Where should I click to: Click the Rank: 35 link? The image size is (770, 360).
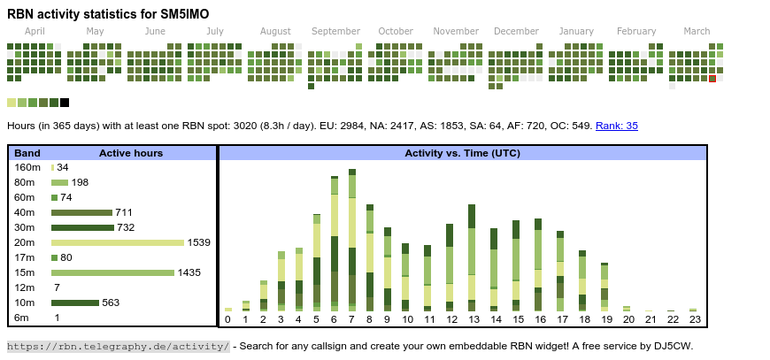coord(616,126)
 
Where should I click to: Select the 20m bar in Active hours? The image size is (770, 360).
coord(118,242)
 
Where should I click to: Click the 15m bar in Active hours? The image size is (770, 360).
coord(112,272)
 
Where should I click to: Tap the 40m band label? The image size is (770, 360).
coord(25,212)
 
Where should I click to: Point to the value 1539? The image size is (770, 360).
coord(198,242)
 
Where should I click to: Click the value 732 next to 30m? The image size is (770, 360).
coord(126,227)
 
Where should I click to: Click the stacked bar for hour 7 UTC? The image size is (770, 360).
coord(351,239)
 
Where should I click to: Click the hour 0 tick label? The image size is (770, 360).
coord(227,319)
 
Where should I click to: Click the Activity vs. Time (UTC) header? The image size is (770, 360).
coord(462,153)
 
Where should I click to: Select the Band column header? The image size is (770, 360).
coord(27,153)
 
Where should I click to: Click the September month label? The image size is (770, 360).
coord(335,31)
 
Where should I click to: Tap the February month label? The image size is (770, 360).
coord(636,31)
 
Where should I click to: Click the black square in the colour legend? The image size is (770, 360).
coord(65,103)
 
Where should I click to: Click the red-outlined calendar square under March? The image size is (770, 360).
coord(712,79)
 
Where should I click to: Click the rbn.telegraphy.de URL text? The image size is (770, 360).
coord(119,346)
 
